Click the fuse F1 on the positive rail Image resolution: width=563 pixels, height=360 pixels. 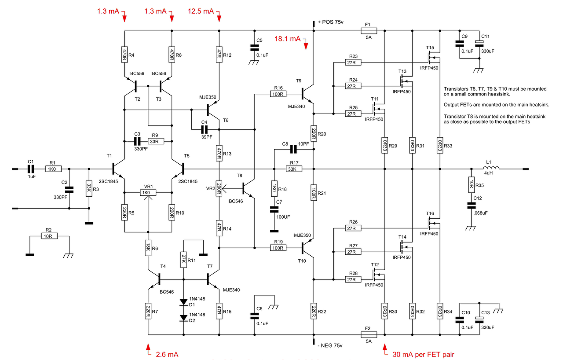click(369, 31)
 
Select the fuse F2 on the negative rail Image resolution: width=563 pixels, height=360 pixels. click(369, 334)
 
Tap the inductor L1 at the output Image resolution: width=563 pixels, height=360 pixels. click(491, 168)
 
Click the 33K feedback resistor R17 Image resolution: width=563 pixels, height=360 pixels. click(294, 169)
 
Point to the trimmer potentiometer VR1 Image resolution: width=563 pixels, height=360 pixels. click(148, 193)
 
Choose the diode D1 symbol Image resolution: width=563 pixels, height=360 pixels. click(184, 302)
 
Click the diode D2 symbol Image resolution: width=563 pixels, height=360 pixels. click(184, 318)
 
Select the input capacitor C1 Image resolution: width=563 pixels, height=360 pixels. click(31, 169)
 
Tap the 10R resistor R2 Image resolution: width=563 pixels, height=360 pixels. click(49, 236)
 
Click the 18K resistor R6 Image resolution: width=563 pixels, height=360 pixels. click(148, 248)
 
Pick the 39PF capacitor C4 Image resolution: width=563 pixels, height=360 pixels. click(205, 129)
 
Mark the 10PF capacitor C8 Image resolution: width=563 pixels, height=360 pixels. click(293, 149)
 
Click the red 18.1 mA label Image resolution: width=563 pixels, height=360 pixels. click(287, 39)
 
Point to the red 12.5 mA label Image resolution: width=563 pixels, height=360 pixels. click(201, 11)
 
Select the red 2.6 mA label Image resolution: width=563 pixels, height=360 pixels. click(167, 354)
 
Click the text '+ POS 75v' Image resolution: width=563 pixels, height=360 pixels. click(330, 22)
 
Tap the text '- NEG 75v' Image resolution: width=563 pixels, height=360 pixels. click(330, 345)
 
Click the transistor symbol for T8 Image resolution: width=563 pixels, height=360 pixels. click(248, 188)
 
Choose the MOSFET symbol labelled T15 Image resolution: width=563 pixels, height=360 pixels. click(434, 57)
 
